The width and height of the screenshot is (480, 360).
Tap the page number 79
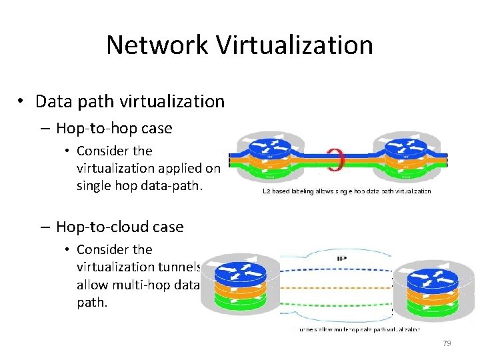pos(447,343)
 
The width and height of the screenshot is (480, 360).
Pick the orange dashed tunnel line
pos(337,287)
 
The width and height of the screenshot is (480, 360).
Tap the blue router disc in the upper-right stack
pos(405,147)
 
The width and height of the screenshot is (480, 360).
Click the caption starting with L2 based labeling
pos(346,191)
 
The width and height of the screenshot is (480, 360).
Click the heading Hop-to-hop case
pos(114,128)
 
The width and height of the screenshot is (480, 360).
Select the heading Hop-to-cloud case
pos(119,227)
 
